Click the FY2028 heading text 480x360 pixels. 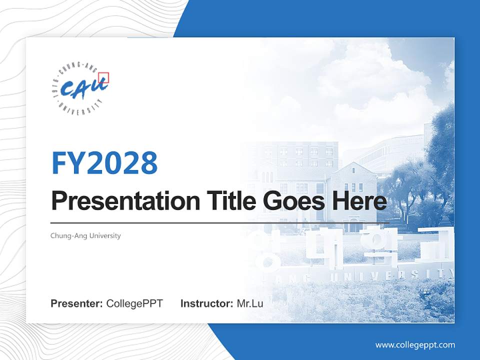(104, 162)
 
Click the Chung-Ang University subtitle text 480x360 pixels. (85, 235)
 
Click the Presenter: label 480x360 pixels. (77, 303)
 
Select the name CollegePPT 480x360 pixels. (134, 303)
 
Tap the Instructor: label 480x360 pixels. (206, 303)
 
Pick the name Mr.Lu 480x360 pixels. (249, 303)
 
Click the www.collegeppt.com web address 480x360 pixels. (415, 344)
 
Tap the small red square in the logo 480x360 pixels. (103, 77)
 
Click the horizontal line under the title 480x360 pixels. (220, 223)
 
